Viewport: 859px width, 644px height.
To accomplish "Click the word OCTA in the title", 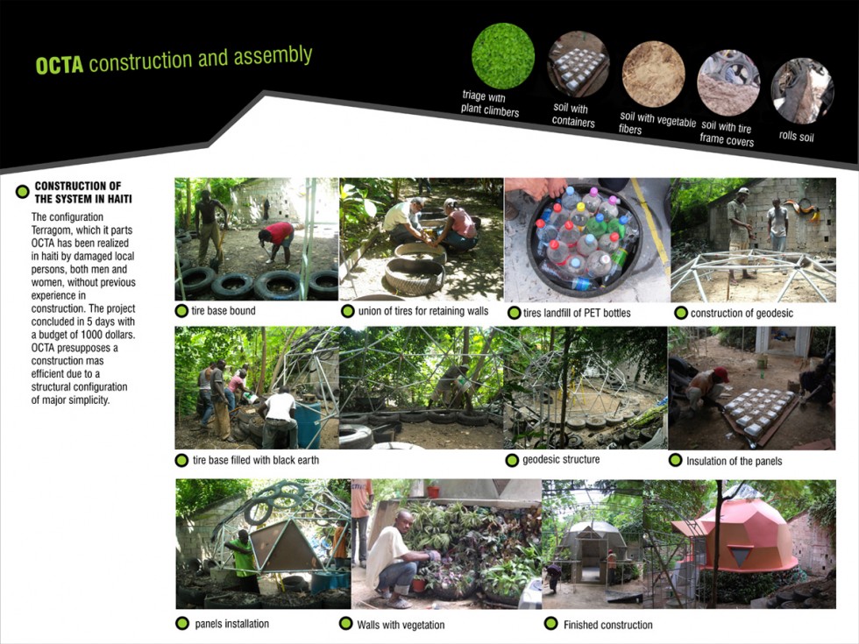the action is (60, 65).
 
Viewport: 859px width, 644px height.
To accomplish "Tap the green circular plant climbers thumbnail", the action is (503, 56).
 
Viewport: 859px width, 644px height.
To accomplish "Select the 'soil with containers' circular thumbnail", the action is (578, 65).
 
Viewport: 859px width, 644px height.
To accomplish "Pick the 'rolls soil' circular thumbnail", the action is (802, 91).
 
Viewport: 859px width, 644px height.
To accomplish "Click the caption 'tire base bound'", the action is (223, 311).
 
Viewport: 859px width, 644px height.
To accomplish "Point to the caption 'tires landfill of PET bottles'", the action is (577, 314).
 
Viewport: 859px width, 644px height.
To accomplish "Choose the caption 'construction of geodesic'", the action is (742, 314).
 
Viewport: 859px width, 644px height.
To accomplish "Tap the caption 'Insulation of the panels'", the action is (735, 461).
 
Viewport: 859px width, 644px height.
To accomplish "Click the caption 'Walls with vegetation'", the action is (401, 625).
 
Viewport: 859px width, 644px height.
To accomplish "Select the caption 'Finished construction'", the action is (607, 625).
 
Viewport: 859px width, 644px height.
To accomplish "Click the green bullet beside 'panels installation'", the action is (182, 623).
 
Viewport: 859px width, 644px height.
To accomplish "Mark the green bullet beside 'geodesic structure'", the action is (512, 460).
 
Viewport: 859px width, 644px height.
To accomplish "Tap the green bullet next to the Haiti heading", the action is (23, 192).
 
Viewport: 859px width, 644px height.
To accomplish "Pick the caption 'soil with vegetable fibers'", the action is (657, 124).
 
